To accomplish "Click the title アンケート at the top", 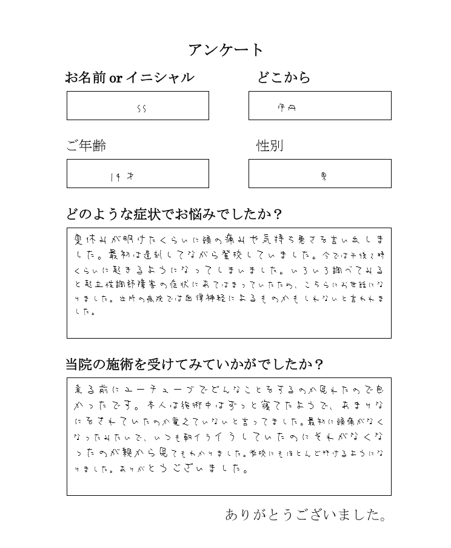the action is [x=225, y=50].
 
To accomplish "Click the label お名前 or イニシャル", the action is [x=130, y=78].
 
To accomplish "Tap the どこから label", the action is [x=284, y=77].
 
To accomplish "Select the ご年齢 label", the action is [x=86, y=146].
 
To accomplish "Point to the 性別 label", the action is [x=270, y=146].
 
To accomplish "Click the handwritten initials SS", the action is [x=142, y=109].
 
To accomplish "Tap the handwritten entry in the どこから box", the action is [x=287, y=108].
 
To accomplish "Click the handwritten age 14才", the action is [x=122, y=177].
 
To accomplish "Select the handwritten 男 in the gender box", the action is [x=324, y=177].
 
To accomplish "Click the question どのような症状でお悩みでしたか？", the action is [x=174, y=214].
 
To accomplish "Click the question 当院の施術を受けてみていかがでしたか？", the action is [x=195, y=364].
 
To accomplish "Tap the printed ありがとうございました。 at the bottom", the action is [x=306, y=515].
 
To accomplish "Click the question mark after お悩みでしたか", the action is [x=278, y=214].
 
